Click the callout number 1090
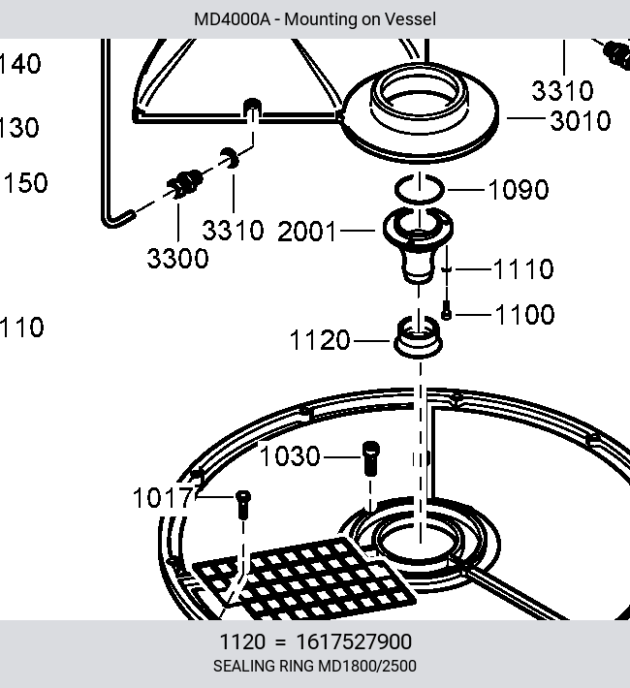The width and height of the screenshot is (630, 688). pyautogui.click(x=518, y=190)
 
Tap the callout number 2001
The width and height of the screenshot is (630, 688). pyautogui.click(x=307, y=232)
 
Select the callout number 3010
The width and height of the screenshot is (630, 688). pyautogui.click(x=581, y=121)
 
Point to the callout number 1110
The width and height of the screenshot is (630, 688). pyautogui.click(x=523, y=268)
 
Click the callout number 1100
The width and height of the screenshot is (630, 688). pyautogui.click(x=524, y=315)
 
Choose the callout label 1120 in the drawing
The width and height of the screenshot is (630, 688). pyautogui.click(x=320, y=340)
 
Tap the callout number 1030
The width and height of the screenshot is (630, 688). pyautogui.click(x=290, y=455)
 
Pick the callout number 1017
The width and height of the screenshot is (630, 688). pyautogui.click(x=163, y=498)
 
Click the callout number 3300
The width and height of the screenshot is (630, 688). pyautogui.click(x=177, y=258)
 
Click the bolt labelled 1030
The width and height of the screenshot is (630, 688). pyautogui.click(x=371, y=458)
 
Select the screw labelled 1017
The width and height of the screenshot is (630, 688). pyautogui.click(x=243, y=505)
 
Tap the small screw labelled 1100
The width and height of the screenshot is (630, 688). pyautogui.click(x=446, y=310)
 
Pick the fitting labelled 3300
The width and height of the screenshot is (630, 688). pyautogui.click(x=185, y=183)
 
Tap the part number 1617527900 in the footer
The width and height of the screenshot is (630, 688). pyautogui.click(x=354, y=641)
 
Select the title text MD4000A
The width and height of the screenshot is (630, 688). pyautogui.click(x=232, y=19)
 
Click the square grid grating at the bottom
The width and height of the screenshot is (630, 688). pyautogui.click(x=304, y=578)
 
